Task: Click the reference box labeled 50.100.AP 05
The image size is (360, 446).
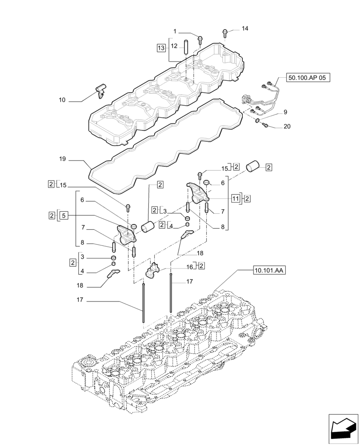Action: coord(307,78)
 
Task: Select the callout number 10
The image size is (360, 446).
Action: coord(62,100)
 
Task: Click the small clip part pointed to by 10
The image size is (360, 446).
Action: coord(101,91)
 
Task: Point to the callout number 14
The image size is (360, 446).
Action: coord(245,29)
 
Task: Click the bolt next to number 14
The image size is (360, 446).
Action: coord(225,32)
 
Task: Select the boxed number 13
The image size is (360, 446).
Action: coord(161,47)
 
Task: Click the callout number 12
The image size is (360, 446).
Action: coord(175,45)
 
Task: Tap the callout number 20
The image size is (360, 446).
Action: coord(287,127)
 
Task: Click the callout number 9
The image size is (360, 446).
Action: coord(285,112)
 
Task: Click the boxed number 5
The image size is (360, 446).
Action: coord(64,215)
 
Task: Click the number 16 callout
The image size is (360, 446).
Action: coord(189,267)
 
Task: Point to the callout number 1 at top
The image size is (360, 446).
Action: coord(175,31)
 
